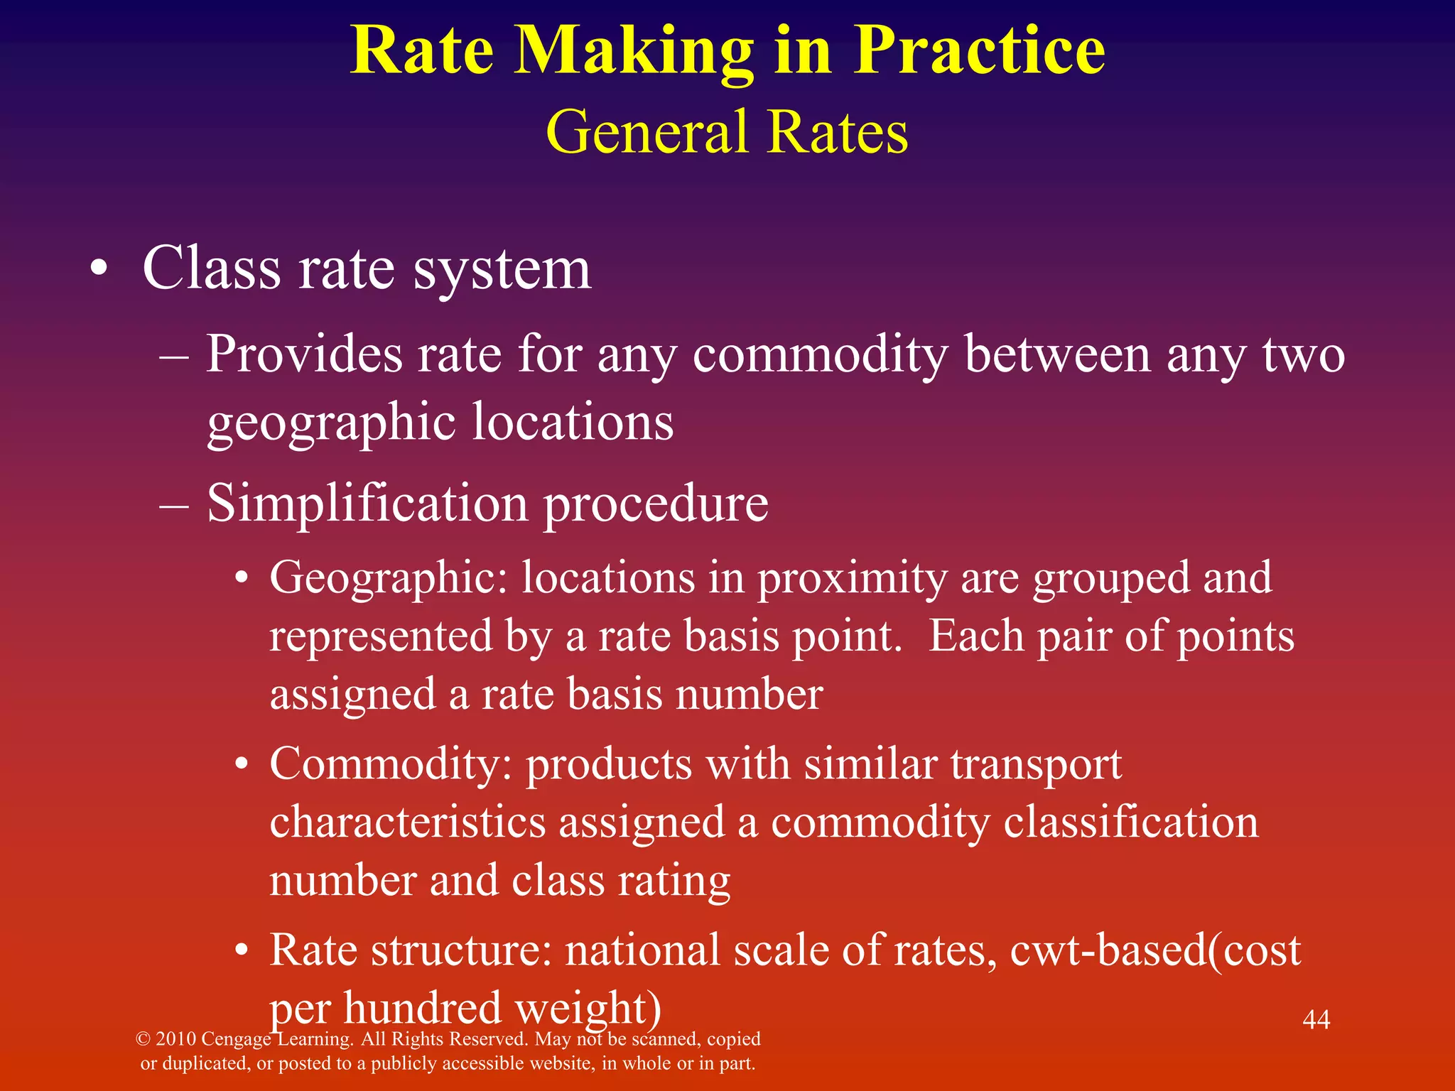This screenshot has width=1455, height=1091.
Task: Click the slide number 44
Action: tap(1316, 1020)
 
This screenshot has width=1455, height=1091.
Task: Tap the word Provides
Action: tap(303, 354)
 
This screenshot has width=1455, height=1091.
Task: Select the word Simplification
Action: tap(367, 503)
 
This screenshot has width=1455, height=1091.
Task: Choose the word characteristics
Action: tap(407, 823)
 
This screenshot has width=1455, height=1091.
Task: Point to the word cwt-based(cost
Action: tap(1155, 950)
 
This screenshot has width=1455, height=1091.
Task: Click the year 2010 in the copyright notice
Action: tap(175, 1039)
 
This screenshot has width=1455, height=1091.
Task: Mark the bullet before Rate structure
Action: tap(243, 950)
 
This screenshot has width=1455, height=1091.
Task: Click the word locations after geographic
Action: tap(573, 422)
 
